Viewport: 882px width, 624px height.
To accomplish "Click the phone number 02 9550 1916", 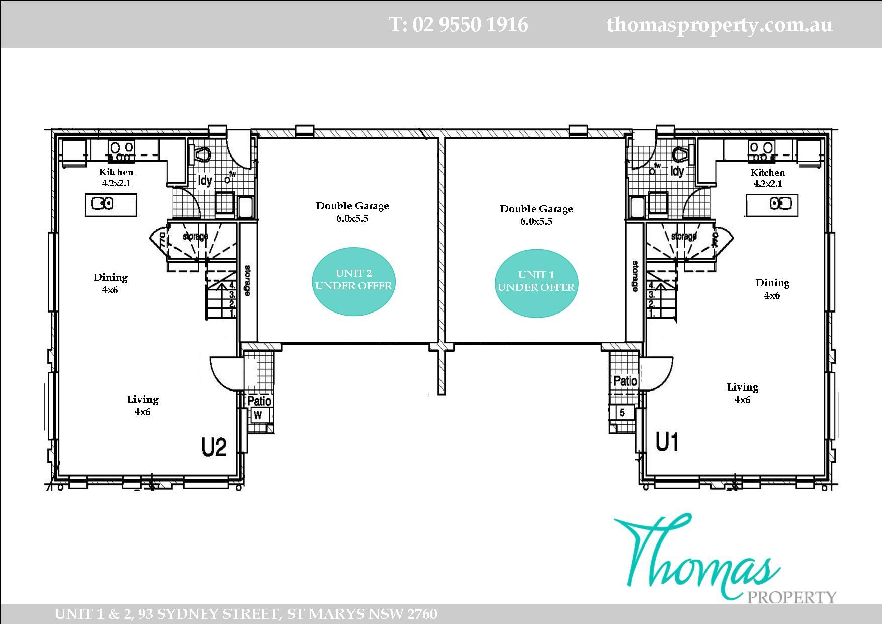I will [x=459, y=24].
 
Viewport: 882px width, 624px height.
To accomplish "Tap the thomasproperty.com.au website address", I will [x=720, y=24].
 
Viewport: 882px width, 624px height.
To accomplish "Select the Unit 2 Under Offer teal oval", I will [x=354, y=281].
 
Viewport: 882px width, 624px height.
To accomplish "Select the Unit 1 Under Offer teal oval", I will [x=536, y=282].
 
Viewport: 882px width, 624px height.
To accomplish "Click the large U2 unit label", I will [x=214, y=447].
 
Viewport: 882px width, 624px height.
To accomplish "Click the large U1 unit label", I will [x=667, y=442].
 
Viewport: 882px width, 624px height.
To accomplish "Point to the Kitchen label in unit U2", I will [x=116, y=172].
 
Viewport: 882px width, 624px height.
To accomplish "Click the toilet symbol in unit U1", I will [x=679, y=154].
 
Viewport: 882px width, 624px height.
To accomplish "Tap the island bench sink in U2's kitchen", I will [x=102, y=204].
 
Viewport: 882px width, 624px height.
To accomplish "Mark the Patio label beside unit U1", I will [x=625, y=381].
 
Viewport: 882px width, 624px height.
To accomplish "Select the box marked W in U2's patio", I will [x=258, y=415].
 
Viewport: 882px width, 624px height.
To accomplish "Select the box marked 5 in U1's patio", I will [x=622, y=413].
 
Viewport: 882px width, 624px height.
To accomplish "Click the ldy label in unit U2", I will [x=205, y=180].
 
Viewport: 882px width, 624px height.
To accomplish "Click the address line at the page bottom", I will [x=245, y=614].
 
